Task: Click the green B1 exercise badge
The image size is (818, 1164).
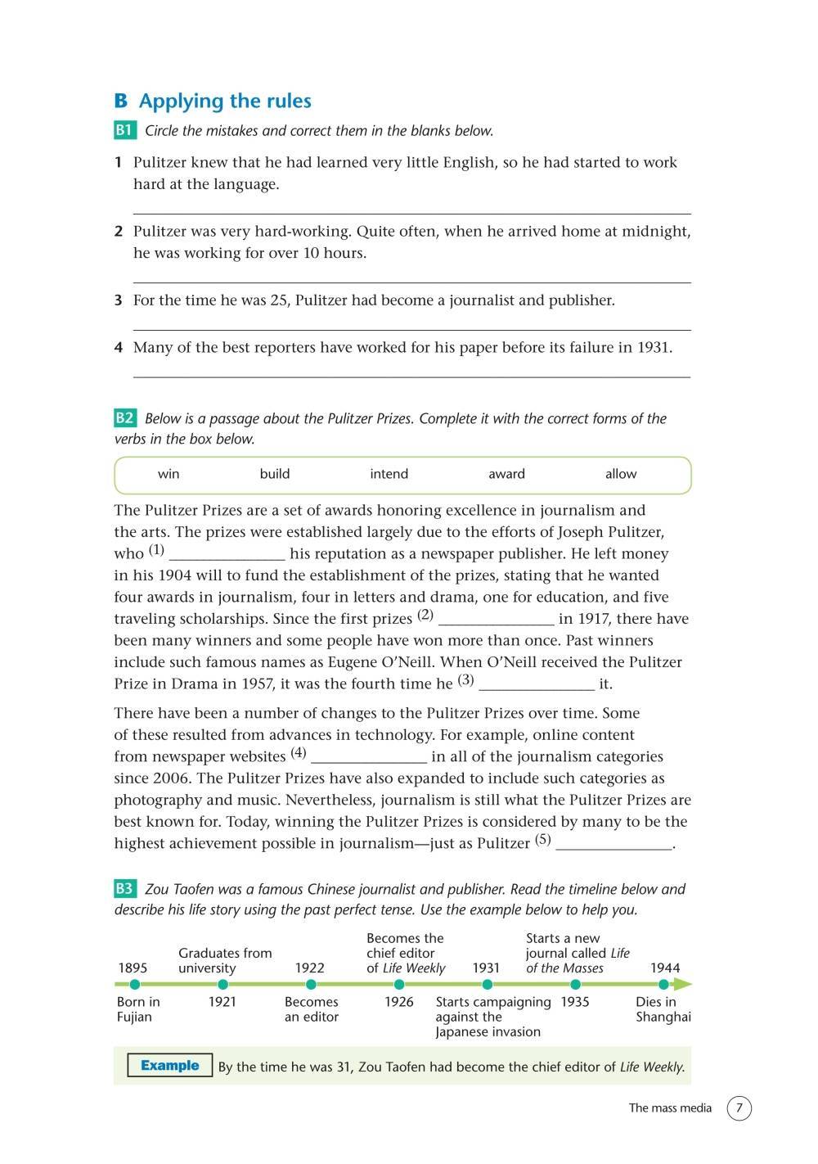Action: (x=124, y=130)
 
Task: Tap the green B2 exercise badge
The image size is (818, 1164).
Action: (x=124, y=418)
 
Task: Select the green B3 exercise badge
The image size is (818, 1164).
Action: (x=124, y=889)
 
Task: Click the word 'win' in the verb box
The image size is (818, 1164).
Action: (x=169, y=474)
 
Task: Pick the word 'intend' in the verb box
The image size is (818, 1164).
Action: (x=389, y=474)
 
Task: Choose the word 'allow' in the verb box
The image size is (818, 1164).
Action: (x=621, y=474)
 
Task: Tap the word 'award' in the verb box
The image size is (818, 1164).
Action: (x=506, y=474)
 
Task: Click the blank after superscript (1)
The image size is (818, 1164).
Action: (x=227, y=554)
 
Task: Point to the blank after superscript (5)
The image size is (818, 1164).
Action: (x=613, y=844)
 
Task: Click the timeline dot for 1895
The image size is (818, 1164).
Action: (x=135, y=985)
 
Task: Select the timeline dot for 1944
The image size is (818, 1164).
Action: (x=663, y=985)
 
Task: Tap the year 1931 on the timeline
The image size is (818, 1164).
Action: (x=486, y=968)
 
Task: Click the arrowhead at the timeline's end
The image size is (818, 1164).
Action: (x=685, y=985)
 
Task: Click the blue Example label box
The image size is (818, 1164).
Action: (x=169, y=1066)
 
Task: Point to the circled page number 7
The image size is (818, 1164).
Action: (x=739, y=1108)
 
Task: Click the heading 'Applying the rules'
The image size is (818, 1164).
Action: (x=225, y=101)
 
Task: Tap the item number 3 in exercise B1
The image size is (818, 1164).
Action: (x=119, y=300)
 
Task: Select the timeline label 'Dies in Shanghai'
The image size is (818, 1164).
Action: (x=663, y=1009)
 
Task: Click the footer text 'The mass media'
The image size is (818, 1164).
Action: (x=670, y=1108)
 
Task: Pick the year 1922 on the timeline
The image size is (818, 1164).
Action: (x=310, y=968)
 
